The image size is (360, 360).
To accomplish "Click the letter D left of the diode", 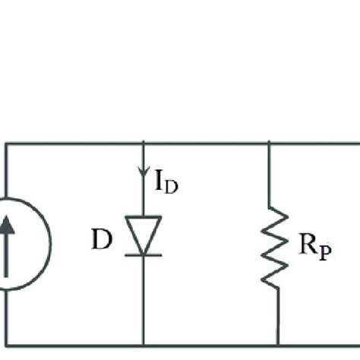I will [x=102, y=242].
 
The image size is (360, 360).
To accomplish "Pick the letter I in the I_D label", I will [x=158, y=181].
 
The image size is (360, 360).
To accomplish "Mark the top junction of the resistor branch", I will [x=270, y=143].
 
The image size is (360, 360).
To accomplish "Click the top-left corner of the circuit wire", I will [x=6, y=143].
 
